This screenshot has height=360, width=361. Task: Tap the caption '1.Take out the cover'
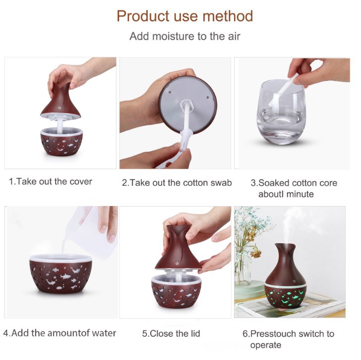51,182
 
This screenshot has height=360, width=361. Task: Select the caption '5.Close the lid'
171,334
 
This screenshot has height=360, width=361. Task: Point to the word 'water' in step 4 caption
104,333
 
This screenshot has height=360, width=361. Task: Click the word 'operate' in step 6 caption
266,345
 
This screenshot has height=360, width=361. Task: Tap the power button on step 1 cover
60,108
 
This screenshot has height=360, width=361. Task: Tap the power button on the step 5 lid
177,264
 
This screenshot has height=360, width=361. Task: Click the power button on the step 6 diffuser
294,281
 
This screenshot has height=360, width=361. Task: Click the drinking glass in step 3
281,113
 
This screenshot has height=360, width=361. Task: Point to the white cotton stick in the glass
284,90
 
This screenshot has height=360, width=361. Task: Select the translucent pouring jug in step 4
92,233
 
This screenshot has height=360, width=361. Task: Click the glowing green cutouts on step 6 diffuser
285,297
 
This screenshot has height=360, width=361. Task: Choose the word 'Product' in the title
143,16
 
